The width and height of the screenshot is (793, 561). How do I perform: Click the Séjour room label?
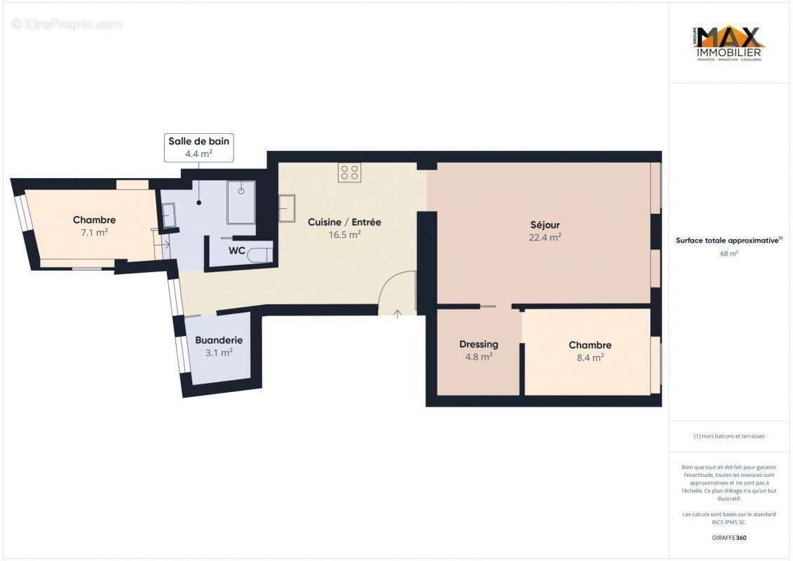(x=545, y=225)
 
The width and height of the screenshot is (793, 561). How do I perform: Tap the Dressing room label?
(x=479, y=344)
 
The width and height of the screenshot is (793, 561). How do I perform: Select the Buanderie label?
(x=219, y=340)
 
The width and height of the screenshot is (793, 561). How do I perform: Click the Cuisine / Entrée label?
(x=344, y=222)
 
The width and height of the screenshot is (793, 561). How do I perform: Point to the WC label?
(x=236, y=251)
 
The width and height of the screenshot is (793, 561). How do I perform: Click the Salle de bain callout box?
(x=198, y=147)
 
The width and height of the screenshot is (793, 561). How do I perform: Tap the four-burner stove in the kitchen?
(x=349, y=172)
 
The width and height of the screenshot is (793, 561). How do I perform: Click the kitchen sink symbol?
(x=287, y=208)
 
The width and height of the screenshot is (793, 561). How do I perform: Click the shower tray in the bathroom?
(x=241, y=202)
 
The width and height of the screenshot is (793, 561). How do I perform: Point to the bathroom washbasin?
(x=168, y=215)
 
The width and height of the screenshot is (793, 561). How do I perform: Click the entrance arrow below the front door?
(x=398, y=314)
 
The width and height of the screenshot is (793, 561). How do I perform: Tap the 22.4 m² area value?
(x=545, y=237)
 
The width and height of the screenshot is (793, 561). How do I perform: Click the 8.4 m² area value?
(x=590, y=357)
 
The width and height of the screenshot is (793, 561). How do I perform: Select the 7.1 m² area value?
(x=94, y=232)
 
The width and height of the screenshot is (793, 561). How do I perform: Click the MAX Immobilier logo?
(x=729, y=43)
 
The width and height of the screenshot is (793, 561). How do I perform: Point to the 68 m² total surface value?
(x=729, y=253)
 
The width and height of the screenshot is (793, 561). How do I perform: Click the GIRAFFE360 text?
(x=729, y=538)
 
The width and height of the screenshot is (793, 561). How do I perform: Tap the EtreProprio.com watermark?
(x=67, y=24)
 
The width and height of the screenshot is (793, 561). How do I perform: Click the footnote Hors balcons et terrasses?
(x=729, y=435)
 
